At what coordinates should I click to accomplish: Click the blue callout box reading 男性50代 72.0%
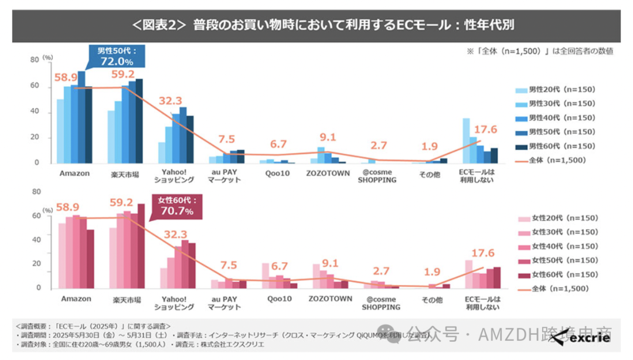pos(111,57)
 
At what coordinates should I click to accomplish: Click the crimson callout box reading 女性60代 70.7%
pos(176,206)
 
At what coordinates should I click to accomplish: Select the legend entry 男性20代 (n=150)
pos(554,90)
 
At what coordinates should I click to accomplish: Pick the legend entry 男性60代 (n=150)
pos(554,145)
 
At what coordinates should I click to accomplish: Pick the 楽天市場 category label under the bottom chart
pos(126,299)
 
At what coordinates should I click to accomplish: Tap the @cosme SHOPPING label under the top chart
pos(377,176)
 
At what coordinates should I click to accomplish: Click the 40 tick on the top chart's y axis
pos(35,111)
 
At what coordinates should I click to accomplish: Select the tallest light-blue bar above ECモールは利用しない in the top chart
pos(466,141)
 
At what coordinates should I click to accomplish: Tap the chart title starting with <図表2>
pos(316,25)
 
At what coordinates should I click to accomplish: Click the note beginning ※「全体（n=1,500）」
pos(539,51)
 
